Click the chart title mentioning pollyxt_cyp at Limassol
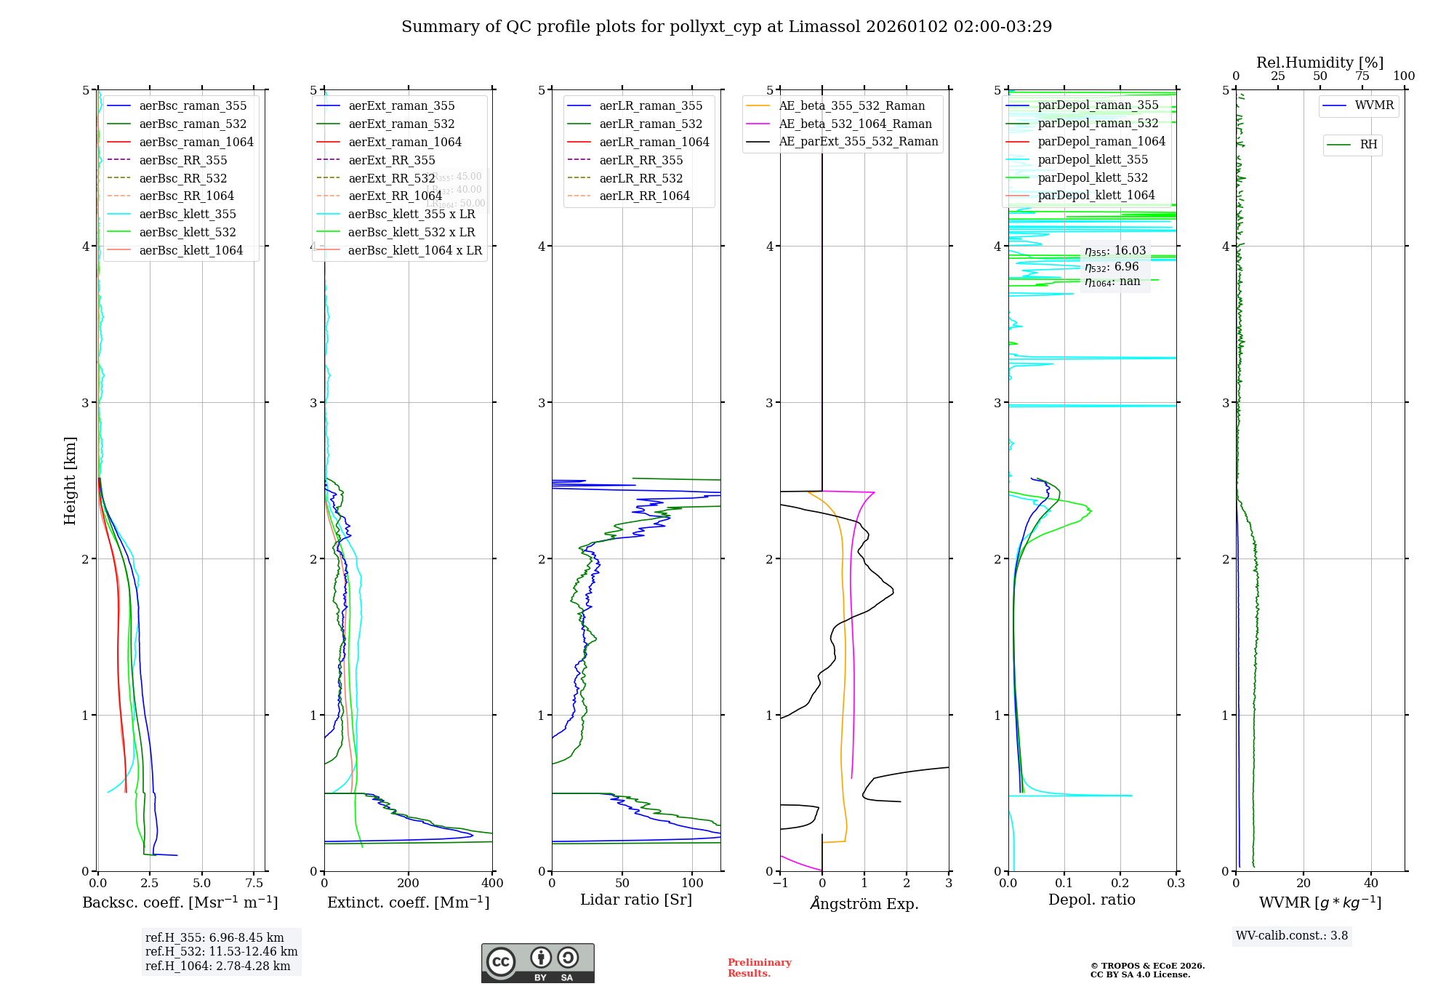click(726, 27)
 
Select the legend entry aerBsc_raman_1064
click(196, 142)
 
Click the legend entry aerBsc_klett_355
click(188, 214)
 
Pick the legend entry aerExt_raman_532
click(401, 124)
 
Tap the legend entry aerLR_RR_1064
click(644, 196)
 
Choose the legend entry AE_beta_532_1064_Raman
click(855, 124)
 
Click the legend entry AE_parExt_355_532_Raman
click(858, 141)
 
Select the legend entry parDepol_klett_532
click(1093, 177)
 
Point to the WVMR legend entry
click(1374, 105)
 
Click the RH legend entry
click(1368, 145)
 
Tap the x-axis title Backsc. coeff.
click(180, 902)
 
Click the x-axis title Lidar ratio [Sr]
click(636, 900)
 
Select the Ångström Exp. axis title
click(864, 904)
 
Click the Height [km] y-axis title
click(70, 481)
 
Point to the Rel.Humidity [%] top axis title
click(1320, 63)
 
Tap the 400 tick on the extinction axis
click(492, 884)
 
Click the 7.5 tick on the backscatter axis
click(254, 884)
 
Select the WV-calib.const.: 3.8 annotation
click(1292, 936)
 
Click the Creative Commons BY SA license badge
click(537, 964)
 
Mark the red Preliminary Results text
click(759, 968)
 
